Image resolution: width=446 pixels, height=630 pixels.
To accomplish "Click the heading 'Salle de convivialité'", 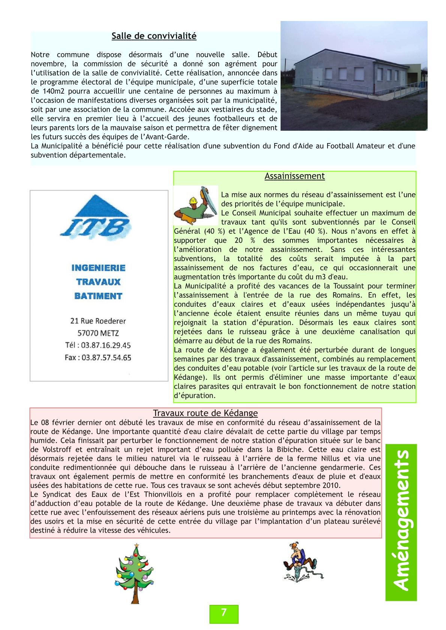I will [x=154, y=36].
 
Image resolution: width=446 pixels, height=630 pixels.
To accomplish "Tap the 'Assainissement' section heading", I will [x=294, y=176].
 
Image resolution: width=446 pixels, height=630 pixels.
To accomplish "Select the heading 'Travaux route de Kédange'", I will [x=205, y=413].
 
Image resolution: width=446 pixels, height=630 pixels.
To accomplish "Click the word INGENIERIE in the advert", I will [x=98, y=268].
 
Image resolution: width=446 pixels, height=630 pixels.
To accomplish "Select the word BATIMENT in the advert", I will [x=98, y=296].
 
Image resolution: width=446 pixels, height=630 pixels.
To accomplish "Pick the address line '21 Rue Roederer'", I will [x=98, y=321].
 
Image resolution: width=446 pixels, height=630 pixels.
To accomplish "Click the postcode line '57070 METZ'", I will [x=98, y=333].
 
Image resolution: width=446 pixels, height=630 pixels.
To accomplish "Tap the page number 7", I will [x=224, y=613].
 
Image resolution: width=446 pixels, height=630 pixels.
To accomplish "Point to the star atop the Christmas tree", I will [x=136, y=544].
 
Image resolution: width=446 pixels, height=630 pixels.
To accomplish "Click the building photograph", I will [x=354, y=76].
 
